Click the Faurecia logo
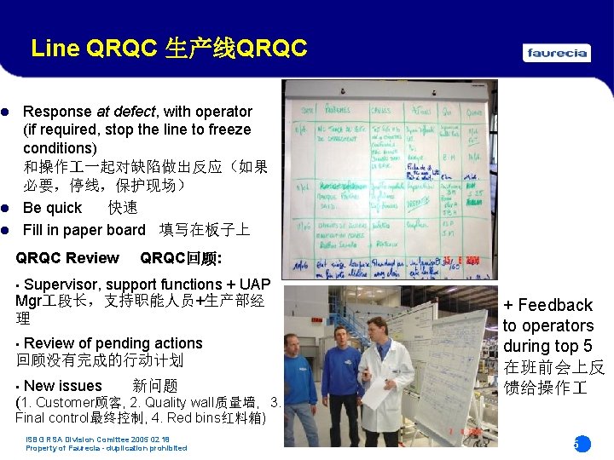click(557, 53)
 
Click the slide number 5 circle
click(581, 444)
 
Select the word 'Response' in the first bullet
click(57, 112)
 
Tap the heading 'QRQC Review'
click(67, 258)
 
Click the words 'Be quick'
click(52, 208)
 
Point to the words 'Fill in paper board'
click(84, 230)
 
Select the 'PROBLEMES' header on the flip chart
click(337, 109)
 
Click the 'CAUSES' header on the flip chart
click(380, 108)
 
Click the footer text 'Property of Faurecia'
click(63, 448)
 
